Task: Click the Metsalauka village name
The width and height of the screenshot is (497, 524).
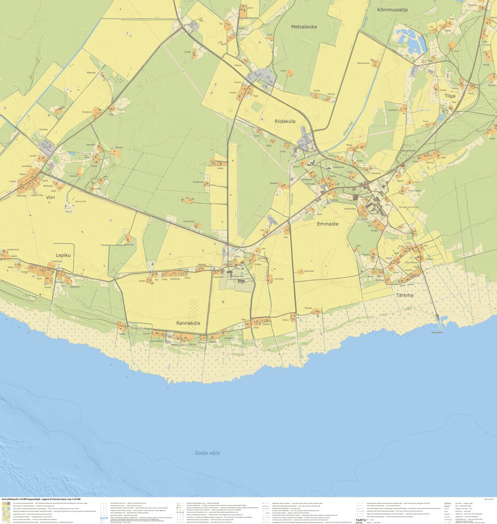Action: (304, 27)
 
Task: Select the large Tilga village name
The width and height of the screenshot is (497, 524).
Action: (450, 96)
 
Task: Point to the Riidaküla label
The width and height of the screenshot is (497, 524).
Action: (285, 121)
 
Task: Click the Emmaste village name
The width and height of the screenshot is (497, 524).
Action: (327, 224)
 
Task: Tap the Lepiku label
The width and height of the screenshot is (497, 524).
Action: (63, 255)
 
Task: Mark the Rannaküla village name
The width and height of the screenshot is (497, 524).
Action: (188, 323)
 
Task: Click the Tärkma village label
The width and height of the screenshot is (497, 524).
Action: (405, 295)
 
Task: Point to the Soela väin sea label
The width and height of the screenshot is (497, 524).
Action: (207, 453)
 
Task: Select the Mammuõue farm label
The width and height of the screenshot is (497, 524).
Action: (363, 63)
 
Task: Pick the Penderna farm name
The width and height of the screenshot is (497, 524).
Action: (87, 112)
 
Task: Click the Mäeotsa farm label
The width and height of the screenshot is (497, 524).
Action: (91, 72)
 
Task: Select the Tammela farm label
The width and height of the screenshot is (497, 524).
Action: (309, 271)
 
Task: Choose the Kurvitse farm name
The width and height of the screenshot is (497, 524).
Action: (279, 279)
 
